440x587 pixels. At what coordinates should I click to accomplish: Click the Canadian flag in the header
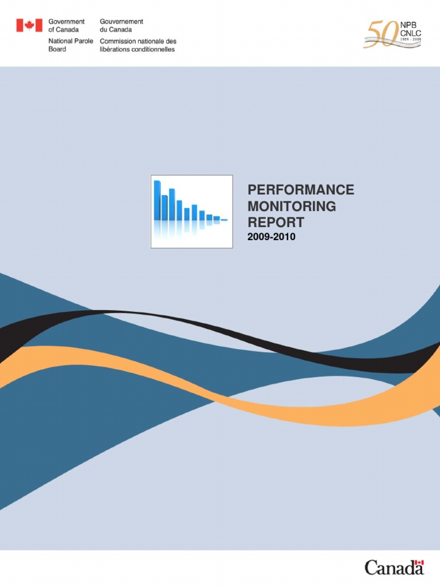coord(29,25)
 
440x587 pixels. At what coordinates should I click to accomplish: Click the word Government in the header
coord(66,22)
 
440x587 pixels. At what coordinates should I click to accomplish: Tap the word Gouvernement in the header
coord(121,22)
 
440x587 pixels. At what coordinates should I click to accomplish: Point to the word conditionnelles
coord(154,49)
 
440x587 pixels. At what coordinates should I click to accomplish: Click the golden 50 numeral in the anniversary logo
coord(379,34)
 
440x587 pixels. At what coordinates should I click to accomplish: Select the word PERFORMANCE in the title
coord(301,190)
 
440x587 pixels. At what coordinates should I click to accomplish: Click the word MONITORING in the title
coord(292,206)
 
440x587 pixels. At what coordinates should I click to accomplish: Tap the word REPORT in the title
coord(276,222)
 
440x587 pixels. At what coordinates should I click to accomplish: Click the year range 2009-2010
coord(272,236)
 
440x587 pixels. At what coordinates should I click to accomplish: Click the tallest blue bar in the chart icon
coord(157,201)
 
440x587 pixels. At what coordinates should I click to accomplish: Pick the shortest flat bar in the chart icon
coord(224,220)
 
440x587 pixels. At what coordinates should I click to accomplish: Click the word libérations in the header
coord(117,49)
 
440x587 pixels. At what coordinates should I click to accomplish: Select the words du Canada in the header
coord(116,30)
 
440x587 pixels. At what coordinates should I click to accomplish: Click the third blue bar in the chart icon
coord(172,205)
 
